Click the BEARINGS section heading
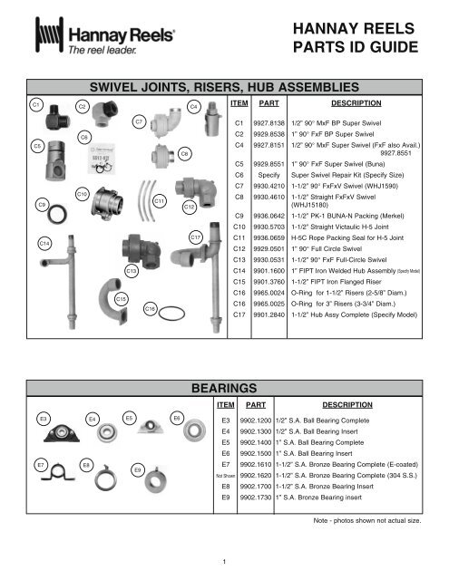click(x=224, y=388)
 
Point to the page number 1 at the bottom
click(x=224, y=560)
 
